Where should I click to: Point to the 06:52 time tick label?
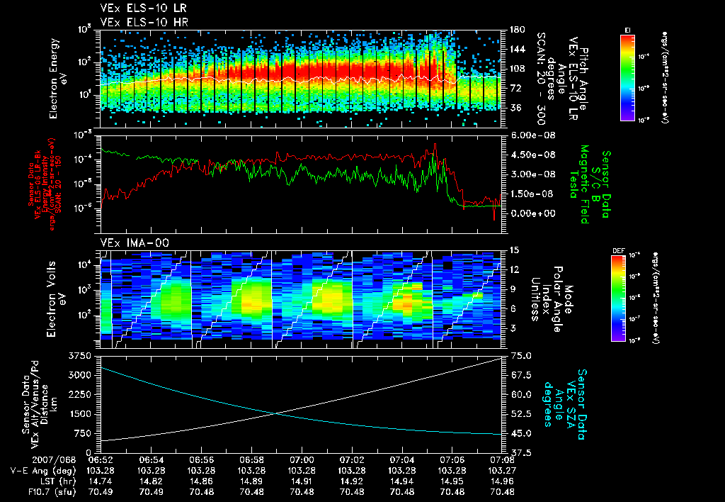(x=101, y=459)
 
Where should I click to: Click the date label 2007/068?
(x=26, y=459)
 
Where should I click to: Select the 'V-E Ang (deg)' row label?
(x=38, y=469)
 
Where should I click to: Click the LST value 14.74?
(x=101, y=480)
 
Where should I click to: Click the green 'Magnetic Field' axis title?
(x=585, y=183)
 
